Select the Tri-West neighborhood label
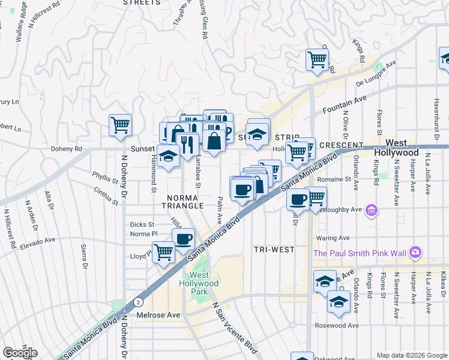point(274,249)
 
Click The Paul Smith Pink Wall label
point(360,253)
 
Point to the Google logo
point(20,353)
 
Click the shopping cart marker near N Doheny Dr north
point(120,125)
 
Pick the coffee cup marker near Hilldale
point(184,239)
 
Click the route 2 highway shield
point(138,301)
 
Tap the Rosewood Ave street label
point(337,326)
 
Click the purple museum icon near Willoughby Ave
point(372,209)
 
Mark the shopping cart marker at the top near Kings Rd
point(317,59)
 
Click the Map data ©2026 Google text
point(411,355)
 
